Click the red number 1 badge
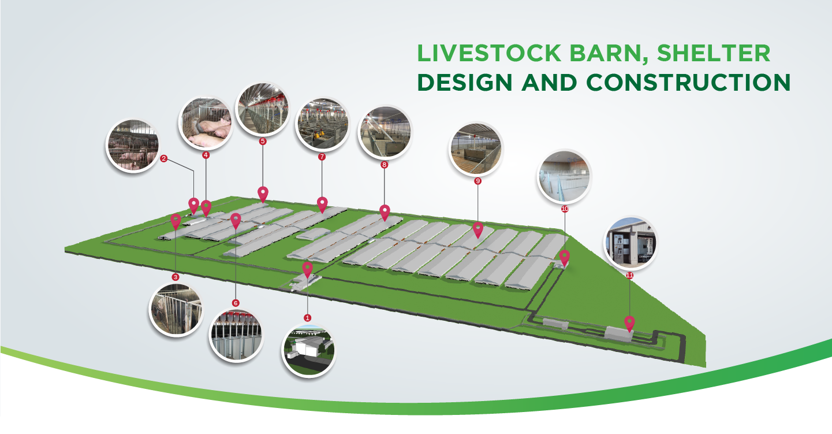click(x=307, y=318)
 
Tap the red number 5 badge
click(x=263, y=141)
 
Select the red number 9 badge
click(x=477, y=181)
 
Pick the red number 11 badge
click(x=629, y=276)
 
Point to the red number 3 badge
click(x=176, y=277)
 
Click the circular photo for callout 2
click(x=132, y=146)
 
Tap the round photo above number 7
click(x=322, y=124)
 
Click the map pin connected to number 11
click(x=629, y=322)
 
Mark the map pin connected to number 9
click(x=478, y=229)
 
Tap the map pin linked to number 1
click(x=308, y=269)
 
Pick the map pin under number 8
click(x=385, y=212)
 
